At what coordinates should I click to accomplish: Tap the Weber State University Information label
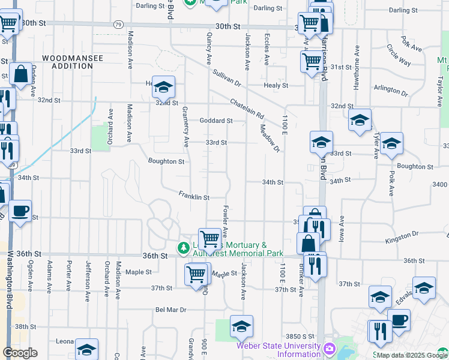[x=279, y=349]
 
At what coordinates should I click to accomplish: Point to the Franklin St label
[x=194, y=196]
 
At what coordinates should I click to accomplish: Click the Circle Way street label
[x=399, y=55]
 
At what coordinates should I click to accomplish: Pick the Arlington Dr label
[x=390, y=91]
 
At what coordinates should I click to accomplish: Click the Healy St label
[x=276, y=86]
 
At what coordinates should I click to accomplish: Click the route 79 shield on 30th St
[x=118, y=25]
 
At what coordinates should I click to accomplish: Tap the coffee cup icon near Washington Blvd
[x=20, y=212]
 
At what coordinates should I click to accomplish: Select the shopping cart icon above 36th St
[x=209, y=239]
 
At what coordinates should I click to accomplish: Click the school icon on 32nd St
[x=163, y=88]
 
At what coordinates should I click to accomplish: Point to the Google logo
[x=20, y=353]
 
